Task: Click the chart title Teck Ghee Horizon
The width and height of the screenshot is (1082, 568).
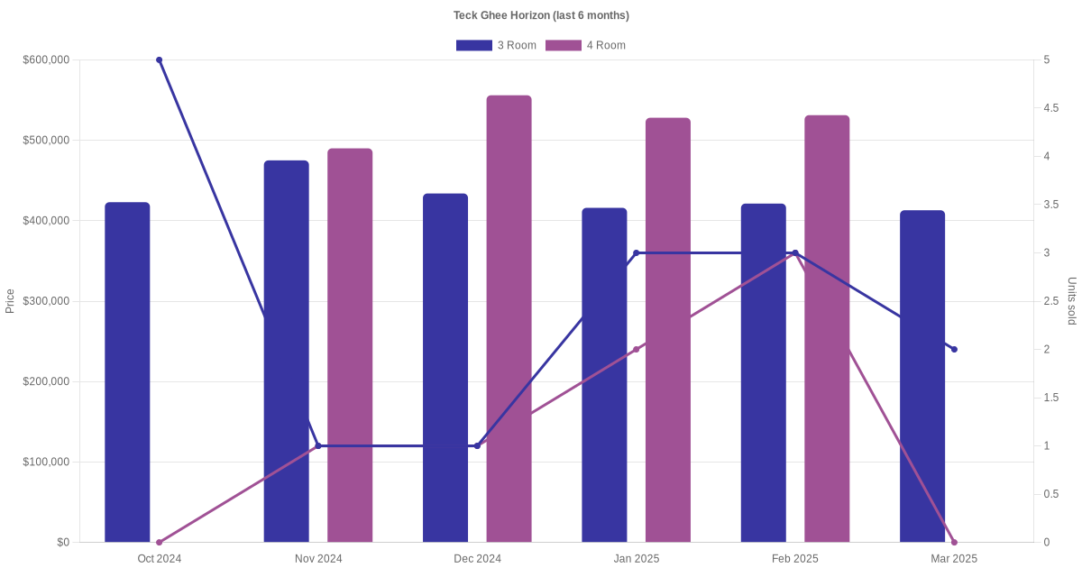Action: coord(541,15)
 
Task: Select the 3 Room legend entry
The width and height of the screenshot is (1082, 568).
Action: coord(496,45)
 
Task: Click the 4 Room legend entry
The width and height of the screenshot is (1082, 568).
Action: coord(585,45)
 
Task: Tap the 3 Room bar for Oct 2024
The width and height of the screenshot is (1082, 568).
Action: coord(127,371)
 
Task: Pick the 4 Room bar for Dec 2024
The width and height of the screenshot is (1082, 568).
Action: coord(509,319)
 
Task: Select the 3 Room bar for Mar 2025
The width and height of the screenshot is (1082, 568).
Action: coord(922,376)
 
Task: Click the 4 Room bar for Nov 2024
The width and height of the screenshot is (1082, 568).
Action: coord(350,345)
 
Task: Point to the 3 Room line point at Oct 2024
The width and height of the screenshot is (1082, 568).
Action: coord(160,60)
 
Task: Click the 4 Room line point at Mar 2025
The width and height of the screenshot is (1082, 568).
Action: coord(954,543)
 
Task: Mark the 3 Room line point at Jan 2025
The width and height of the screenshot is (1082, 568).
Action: coord(637,253)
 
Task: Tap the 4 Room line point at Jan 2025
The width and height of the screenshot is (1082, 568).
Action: coord(637,349)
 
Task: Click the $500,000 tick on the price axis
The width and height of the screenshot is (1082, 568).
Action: coord(46,140)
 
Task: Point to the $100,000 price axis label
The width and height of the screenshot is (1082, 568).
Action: coord(46,462)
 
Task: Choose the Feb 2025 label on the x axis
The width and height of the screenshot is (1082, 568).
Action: coord(795,559)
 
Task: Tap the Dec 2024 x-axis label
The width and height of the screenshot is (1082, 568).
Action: coord(477,559)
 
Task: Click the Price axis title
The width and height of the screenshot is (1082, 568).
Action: coord(10,301)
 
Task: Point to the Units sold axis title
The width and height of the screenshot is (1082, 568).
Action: coord(1071,301)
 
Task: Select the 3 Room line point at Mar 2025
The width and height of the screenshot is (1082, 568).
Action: coord(954,349)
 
